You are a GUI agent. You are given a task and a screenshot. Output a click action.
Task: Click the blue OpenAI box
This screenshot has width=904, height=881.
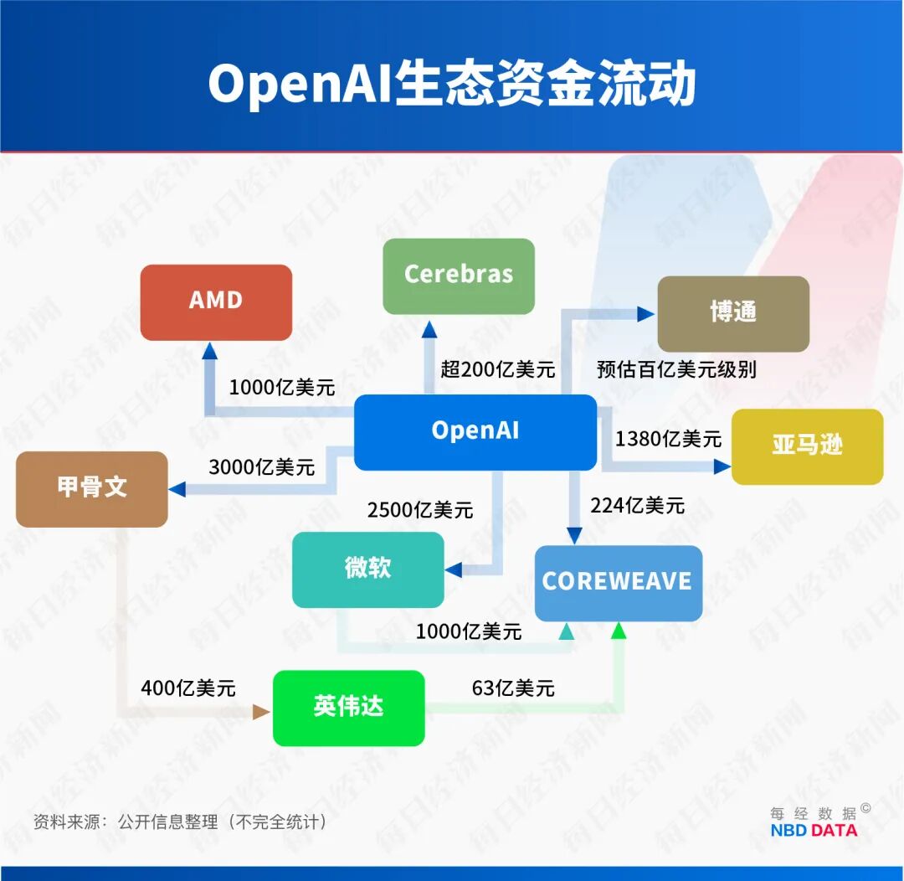pyautogui.click(x=475, y=431)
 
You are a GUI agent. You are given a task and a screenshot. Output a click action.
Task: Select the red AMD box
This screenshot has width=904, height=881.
pyautogui.click(x=216, y=302)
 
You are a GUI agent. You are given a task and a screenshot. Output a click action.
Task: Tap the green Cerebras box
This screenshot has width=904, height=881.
pyautogui.click(x=459, y=276)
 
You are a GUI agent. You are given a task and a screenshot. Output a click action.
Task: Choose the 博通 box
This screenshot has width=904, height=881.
pyautogui.click(x=733, y=313)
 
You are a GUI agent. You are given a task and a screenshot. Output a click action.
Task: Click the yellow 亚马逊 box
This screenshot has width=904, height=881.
pyautogui.click(x=807, y=446)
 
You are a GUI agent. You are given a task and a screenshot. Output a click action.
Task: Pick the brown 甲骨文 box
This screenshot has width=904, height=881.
pyautogui.click(x=92, y=488)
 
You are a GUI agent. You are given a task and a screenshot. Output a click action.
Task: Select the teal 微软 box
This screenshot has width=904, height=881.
pyautogui.click(x=367, y=569)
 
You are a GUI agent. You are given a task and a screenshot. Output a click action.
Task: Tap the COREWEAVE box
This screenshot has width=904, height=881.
pyautogui.click(x=618, y=583)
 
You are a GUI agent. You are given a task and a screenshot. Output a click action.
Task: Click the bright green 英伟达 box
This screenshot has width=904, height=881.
pyautogui.click(x=348, y=708)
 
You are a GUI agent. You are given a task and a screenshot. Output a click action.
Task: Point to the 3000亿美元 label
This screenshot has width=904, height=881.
pyautogui.click(x=261, y=467)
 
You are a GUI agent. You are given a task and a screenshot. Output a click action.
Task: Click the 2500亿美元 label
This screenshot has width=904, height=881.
pyautogui.click(x=419, y=509)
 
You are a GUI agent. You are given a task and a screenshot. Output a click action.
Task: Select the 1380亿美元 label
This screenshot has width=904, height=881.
pyautogui.click(x=668, y=438)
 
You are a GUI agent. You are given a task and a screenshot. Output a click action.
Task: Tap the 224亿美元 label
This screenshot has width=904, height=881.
pyautogui.click(x=637, y=505)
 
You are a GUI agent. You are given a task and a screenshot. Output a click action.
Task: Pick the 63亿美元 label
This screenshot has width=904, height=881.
pyautogui.click(x=513, y=688)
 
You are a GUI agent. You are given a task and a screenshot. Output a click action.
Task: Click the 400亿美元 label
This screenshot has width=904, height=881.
pyautogui.click(x=188, y=688)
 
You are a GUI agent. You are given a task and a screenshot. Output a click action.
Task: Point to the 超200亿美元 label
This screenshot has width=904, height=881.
pyautogui.click(x=498, y=369)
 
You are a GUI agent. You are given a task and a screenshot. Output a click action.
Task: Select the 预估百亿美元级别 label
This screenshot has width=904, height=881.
pyautogui.click(x=676, y=369)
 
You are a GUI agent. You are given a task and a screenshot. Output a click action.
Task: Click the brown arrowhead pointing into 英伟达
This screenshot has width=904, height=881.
pyautogui.click(x=261, y=712)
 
